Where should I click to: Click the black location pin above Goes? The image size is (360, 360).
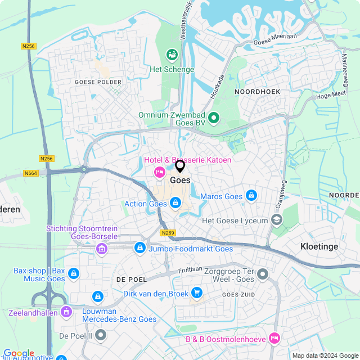tap(180, 166)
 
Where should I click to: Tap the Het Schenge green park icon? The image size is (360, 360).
tap(172, 55)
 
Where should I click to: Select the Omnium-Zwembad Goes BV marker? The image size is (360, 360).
tap(213, 118)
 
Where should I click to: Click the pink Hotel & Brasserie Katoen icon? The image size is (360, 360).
tap(160, 172)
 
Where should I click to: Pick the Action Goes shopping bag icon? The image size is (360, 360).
tap(175, 202)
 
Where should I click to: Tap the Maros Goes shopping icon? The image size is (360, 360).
tap(251, 196)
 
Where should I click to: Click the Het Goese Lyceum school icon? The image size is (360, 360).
tap(277, 220)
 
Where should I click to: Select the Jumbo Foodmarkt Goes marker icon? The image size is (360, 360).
tap(139, 247)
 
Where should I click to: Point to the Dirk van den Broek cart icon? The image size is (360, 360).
tap(196, 292)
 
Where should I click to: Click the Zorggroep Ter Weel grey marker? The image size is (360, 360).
tap(263, 275)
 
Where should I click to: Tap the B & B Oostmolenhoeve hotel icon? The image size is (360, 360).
tap(274, 337)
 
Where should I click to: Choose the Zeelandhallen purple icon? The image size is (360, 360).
tap(66, 310)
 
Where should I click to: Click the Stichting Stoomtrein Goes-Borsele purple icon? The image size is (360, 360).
tap(101, 249)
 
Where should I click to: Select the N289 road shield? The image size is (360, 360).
tap(167, 232)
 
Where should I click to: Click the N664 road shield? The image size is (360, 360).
tap(30, 173)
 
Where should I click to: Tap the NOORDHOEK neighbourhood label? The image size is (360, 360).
tap(257, 91)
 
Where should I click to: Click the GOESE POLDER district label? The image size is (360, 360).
tap(98, 82)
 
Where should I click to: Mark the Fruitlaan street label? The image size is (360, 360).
tap(190, 270)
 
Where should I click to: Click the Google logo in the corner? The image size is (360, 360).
tap(19, 353)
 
